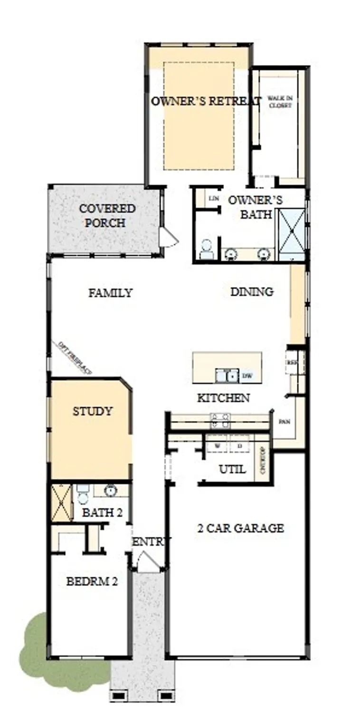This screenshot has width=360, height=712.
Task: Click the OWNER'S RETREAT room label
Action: (206, 101)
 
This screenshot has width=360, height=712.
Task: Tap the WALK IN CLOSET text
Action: (280, 102)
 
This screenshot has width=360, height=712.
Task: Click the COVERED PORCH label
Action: (107, 215)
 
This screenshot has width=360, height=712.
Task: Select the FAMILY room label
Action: (110, 293)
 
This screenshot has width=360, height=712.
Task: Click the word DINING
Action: (252, 291)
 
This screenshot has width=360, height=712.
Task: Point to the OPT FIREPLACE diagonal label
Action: (75, 358)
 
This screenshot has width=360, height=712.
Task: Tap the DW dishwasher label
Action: (247, 376)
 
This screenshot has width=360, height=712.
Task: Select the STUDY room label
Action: (93, 411)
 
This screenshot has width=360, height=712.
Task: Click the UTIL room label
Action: (232, 469)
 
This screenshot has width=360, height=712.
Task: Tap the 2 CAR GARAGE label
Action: (240, 528)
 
